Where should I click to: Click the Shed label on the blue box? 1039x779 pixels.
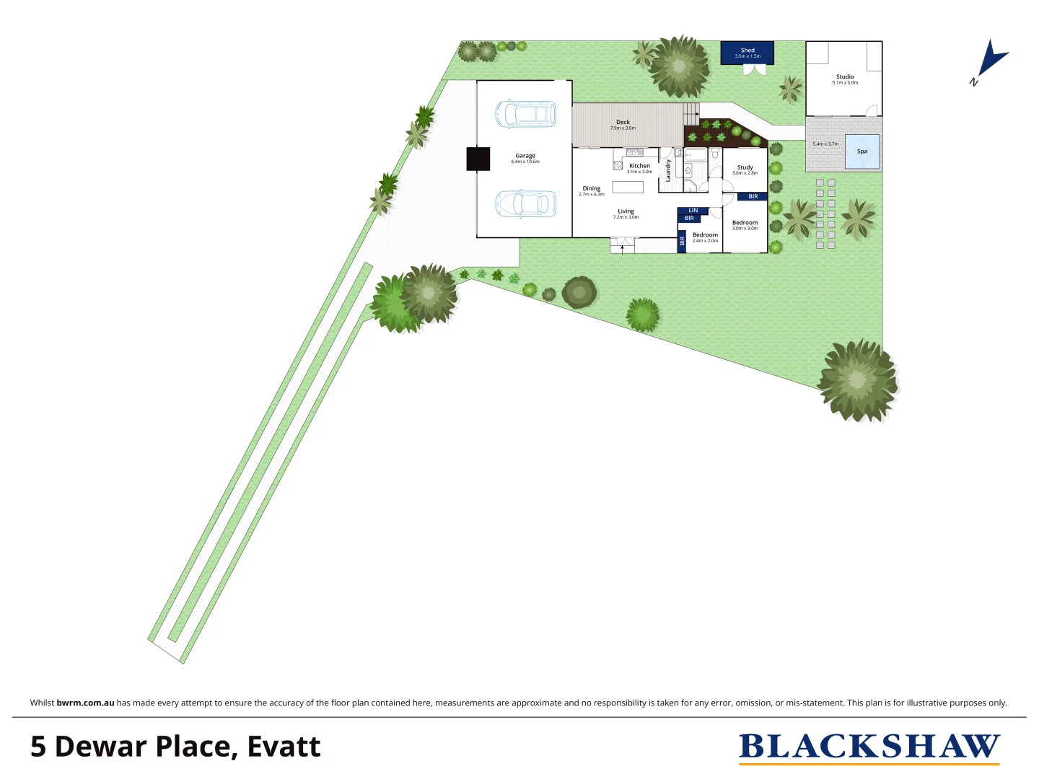[748, 50]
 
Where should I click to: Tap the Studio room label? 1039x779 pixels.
[845, 76]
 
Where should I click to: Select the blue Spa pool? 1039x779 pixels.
[862, 151]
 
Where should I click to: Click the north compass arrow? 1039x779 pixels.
[992, 59]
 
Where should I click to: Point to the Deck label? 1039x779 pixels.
[623, 123]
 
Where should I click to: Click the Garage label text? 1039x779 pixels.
[525, 156]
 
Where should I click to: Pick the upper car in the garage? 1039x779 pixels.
[525, 114]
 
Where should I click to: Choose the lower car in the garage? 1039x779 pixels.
[525, 203]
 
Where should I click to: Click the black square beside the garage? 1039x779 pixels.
[478, 159]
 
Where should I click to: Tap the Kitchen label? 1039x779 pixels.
[639, 166]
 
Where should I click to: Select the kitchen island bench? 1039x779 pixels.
[627, 187]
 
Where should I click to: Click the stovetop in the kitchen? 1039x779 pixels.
[618, 165]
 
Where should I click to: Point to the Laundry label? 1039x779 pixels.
[669, 171]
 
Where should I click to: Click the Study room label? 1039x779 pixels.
[745, 167]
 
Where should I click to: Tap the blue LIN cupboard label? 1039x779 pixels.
[693, 211]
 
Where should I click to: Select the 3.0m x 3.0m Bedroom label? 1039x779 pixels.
[745, 223]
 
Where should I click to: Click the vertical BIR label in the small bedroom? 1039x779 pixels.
[682, 242]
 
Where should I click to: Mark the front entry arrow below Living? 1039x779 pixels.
[622, 249]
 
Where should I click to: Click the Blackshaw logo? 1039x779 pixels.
[869, 747]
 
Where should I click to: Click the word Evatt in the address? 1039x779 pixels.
[284, 747]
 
